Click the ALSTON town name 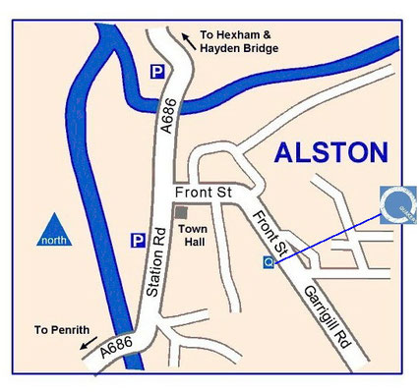click(331, 152)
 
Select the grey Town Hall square click(179, 212)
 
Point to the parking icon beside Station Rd click(139, 239)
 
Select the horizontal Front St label click(202, 193)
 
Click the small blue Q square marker click(268, 262)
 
